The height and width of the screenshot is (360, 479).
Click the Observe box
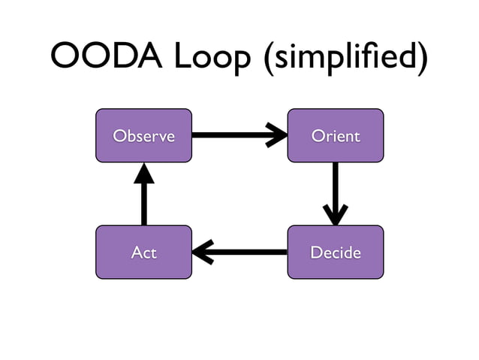pyautogui.click(x=143, y=135)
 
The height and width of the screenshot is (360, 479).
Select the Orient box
pyautogui.click(x=336, y=135)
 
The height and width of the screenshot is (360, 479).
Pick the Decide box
pyautogui.click(x=336, y=252)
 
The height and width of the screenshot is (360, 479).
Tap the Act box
pyautogui.click(x=143, y=252)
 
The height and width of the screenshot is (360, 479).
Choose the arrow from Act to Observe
pyautogui.click(x=143, y=195)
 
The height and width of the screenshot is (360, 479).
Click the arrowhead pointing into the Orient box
pyautogui.click(x=278, y=136)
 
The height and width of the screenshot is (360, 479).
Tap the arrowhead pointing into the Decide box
pyautogui.click(x=335, y=215)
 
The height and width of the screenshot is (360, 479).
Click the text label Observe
pyautogui.click(x=143, y=136)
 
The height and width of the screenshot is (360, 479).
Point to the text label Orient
pyautogui.click(x=336, y=136)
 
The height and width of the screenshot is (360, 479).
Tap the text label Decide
pyautogui.click(x=336, y=253)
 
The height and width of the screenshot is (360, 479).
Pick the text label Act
pyautogui.click(x=143, y=253)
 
